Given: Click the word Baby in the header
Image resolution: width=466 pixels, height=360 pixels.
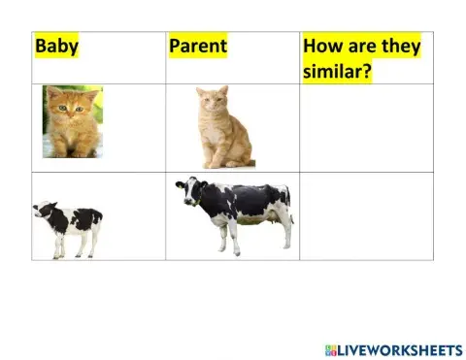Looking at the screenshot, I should [57, 46].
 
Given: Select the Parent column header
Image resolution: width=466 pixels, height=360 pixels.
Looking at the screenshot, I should [197, 46].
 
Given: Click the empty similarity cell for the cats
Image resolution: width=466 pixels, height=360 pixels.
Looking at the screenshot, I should [366, 128].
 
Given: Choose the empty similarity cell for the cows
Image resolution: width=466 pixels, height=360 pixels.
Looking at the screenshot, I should [366, 216].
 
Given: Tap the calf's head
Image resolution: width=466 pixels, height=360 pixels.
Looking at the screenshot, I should [42, 212].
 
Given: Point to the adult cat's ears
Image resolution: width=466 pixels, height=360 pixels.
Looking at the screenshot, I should [212, 91].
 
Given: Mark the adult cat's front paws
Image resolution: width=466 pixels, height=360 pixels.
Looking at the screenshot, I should [213, 161].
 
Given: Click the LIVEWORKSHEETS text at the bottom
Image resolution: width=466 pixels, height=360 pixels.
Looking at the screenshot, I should [400, 348].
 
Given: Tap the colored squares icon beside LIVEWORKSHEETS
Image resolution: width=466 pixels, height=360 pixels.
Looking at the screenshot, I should [331, 348].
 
